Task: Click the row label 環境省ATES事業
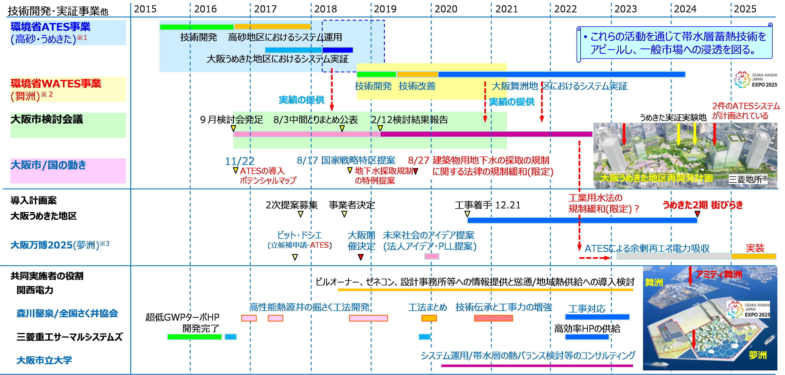click(x=50, y=27)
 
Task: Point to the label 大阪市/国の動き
click(x=48, y=165)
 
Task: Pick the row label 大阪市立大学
click(x=44, y=360)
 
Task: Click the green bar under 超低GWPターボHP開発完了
click(x=194, y=337)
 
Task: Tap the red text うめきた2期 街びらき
click(x=703, y=205)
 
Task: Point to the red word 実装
click(x=755, y=248)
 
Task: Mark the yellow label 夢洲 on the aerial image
click(x=758, y=355)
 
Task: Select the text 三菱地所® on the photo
click(x=748, y=179)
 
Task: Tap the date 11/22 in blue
click(x=240, y=161)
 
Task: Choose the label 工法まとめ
click(x=428, y=307)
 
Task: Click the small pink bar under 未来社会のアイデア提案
click(x=432, y=256)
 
